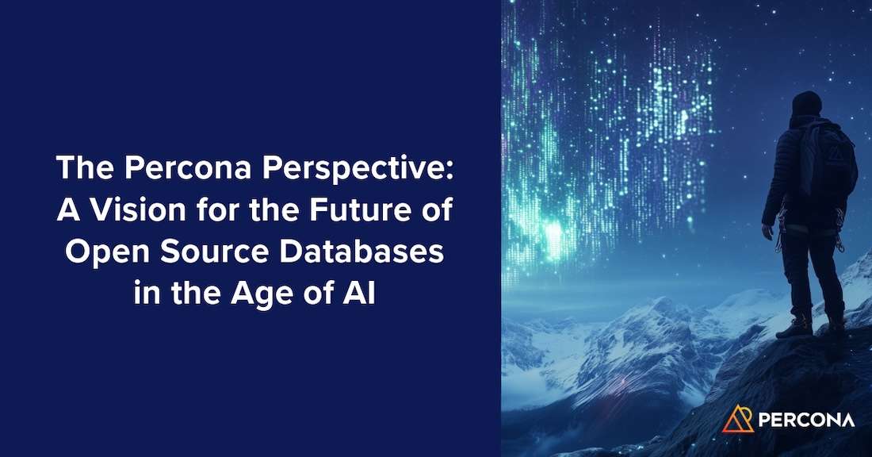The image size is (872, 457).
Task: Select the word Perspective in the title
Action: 340,169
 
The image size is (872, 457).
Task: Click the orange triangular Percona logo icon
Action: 738,418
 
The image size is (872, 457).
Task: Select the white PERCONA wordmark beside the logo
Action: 806,420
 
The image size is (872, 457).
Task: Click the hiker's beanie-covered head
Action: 807,105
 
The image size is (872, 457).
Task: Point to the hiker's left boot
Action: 795,326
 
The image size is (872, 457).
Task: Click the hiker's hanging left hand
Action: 768,232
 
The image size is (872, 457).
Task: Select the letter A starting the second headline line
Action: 64,210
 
